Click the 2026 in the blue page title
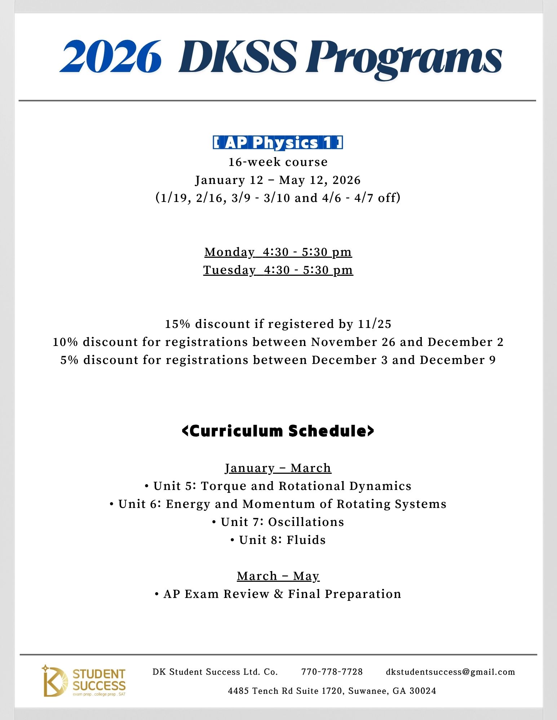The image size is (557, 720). (110, 57)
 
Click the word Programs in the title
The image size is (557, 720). (404, 58)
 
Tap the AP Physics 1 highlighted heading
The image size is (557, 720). (278, 143)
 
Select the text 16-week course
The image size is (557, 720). (278, 162)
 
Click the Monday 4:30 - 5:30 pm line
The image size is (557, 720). (278, 252)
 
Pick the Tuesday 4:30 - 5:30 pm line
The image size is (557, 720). (278, 270)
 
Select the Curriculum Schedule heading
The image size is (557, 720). (278, 431)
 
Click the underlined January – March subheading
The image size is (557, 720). (278, 468)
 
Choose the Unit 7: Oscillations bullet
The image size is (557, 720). (278, 522)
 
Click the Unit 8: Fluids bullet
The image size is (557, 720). (278, 540)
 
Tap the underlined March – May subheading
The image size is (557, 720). (278, 576)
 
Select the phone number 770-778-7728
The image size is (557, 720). (332, 672)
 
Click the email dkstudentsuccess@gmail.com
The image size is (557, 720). (450, 672)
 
